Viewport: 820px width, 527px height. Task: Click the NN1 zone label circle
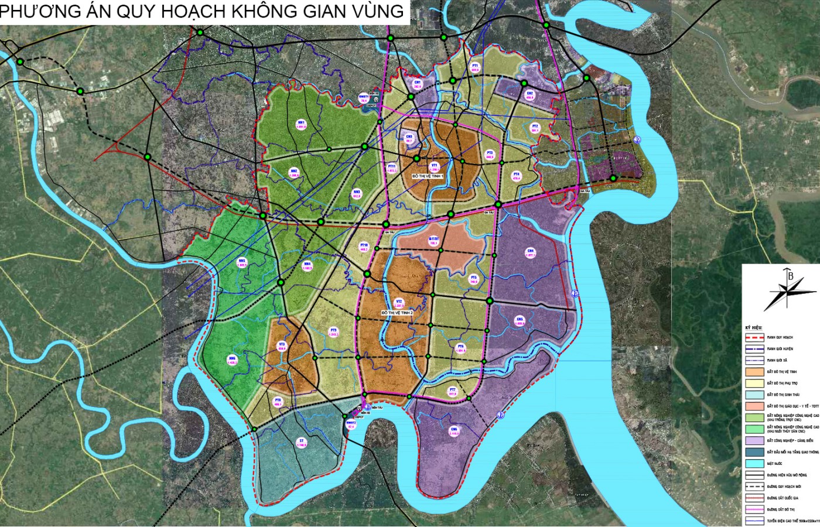[301, 124]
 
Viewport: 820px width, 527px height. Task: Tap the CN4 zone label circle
[531, 253]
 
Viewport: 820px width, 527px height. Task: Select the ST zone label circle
[302, 443]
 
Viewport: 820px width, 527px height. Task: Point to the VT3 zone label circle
[282, 346]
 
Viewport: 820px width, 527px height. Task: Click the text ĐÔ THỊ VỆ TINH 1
[428, 176]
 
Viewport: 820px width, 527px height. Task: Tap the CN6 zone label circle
[454, 432]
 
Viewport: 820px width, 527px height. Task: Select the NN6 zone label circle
[232, 360]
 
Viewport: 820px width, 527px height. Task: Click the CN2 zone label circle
[529, 95]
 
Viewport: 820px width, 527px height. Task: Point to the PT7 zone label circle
[452, 392]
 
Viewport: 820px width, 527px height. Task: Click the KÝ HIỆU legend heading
[753, 327]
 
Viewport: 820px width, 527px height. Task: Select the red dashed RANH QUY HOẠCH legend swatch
[755, 338]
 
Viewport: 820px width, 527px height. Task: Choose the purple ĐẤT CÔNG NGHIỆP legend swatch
[755, 441]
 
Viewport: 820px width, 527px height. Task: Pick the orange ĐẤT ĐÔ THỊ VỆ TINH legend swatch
[755, 372]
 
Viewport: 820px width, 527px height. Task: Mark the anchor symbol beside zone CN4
[575, 293]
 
